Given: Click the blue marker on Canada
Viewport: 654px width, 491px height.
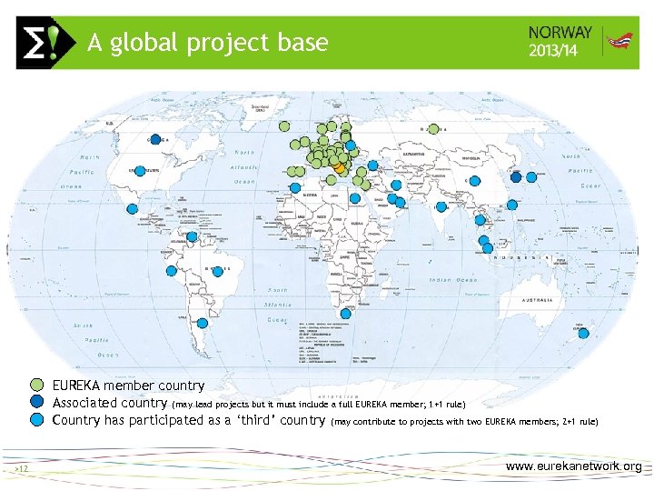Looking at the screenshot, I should [155, 139].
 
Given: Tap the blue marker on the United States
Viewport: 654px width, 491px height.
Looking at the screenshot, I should [140, 170].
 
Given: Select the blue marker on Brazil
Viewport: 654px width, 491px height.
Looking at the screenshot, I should [214, 270].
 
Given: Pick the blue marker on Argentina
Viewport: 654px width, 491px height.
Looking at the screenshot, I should [203, 322].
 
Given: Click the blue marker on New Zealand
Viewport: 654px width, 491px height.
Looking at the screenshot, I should [583, 333].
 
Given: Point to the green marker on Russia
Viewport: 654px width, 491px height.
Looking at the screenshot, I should [434, 129].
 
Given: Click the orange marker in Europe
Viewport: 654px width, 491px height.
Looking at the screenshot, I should [340, 168].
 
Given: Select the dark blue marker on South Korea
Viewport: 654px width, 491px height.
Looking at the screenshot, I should [516, 177].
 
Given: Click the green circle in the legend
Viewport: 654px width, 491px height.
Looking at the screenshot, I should [36, 386].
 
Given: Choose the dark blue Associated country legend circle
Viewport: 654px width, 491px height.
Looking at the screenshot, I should [36, 403].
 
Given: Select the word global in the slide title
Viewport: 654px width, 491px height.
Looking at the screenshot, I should [144, 43].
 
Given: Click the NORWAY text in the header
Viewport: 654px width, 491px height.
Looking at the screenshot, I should [560, 32].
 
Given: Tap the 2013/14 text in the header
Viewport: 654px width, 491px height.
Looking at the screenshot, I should [552, 50].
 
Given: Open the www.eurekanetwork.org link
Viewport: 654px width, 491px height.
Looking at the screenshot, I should [573, 466].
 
